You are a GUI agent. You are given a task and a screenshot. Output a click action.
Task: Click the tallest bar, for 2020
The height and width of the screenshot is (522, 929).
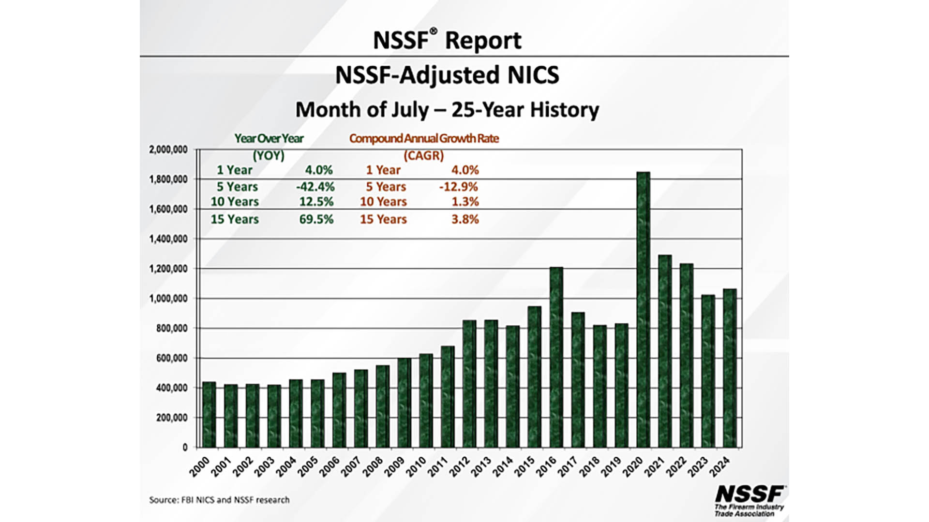pos(643,309)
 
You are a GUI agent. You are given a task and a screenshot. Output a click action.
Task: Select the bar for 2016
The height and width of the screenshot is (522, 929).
pos(556,357)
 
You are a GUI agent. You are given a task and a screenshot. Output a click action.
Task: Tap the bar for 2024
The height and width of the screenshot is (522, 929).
pos(730,368)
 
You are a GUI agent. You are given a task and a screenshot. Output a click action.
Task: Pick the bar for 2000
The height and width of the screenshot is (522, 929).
pos(209,414)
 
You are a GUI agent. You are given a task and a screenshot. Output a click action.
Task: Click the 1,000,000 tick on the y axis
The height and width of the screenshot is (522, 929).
pos(168,299)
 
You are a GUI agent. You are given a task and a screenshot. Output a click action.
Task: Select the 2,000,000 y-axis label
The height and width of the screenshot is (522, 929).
pos(168,150)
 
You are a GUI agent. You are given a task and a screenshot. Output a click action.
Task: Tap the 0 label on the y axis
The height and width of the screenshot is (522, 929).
pos(185,448)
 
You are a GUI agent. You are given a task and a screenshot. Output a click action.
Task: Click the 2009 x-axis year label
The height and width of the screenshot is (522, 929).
pos(394,467)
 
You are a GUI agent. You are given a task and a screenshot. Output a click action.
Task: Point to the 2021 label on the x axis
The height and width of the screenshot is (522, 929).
pos(655,467)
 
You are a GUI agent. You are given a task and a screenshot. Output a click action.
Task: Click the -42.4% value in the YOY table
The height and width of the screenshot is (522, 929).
pos(315,187)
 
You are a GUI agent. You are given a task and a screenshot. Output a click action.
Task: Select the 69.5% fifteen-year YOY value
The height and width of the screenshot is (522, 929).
pos(316,219)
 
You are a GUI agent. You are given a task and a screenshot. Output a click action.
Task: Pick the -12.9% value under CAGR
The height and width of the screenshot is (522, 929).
pos(458,187)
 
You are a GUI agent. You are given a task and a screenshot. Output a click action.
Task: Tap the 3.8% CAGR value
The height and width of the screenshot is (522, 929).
pos(465,219)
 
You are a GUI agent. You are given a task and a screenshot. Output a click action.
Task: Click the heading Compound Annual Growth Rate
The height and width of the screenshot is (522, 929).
pos(424,138)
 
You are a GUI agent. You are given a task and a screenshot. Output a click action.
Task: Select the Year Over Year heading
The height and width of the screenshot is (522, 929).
pos(269,138)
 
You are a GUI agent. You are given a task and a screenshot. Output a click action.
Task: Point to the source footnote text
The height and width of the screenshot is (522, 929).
pos(219,500)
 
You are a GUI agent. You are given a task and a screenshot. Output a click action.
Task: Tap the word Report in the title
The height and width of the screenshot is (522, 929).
pos(483,40)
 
